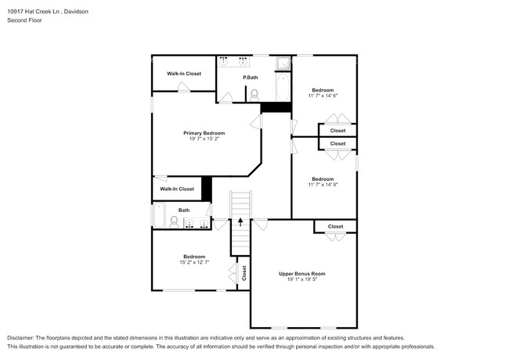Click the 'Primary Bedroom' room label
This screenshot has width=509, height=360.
click(204, 133)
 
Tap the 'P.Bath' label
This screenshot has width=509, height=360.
click(251, 77)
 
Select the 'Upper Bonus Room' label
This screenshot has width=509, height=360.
click(301, 273)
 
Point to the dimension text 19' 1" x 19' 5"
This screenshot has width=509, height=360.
click(301, 279)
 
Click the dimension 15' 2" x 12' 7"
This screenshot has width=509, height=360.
click(194, 262)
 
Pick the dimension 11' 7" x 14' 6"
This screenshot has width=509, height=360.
click(323, 96)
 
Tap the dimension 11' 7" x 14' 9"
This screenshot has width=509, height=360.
click(323, 185)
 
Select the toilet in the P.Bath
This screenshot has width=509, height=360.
click(254, 94)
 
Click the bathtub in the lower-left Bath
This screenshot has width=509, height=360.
click(159, 215)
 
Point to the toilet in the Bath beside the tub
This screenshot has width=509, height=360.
click(174, 222)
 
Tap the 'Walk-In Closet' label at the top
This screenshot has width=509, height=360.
click(183, 74)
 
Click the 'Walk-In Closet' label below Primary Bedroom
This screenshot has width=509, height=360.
click(176, 189)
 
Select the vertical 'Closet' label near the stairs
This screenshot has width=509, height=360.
click(244, 272)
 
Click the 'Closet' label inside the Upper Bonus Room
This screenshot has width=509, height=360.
click(335, 226)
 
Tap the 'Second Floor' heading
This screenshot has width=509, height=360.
click(24, 21)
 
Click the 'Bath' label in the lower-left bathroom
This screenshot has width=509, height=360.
click(183, 210)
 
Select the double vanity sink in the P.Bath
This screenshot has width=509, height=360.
click(233, 60)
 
